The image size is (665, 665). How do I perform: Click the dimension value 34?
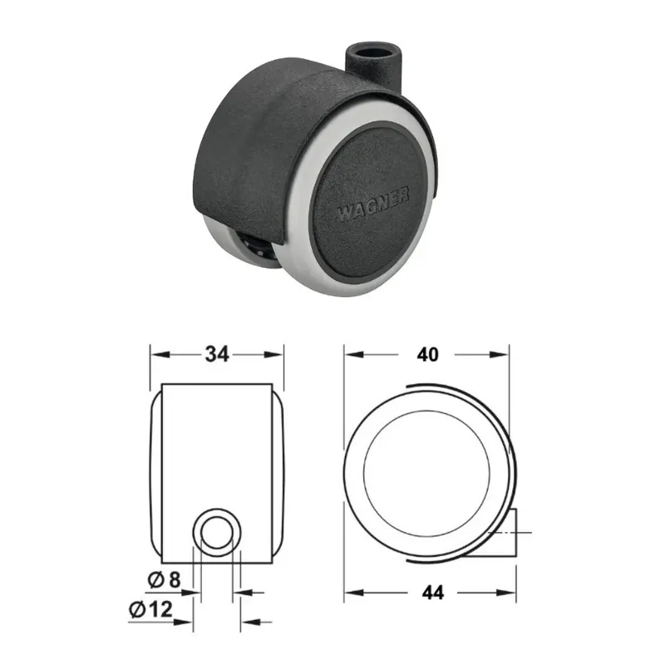217,354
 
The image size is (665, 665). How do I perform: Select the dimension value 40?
427,355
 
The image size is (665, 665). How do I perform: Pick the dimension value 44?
432,593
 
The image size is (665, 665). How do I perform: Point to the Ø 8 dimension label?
164,579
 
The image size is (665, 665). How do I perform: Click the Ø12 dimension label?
151,609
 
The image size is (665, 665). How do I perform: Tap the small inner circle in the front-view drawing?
217,533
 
